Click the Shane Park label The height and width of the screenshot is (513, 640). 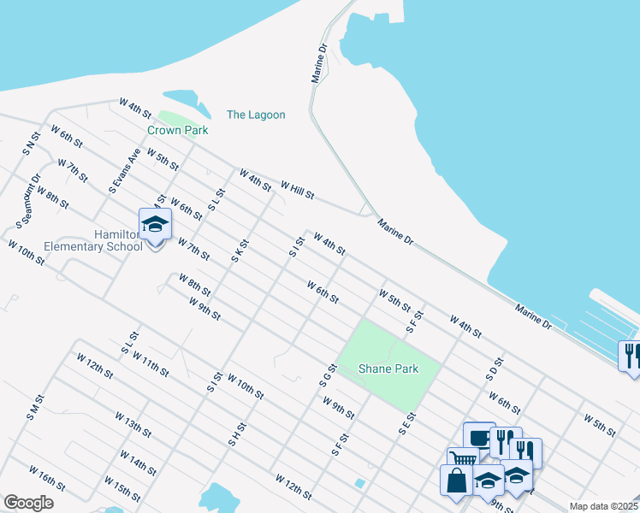388,369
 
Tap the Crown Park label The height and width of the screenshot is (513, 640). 178,130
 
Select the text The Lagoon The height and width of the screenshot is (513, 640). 256,115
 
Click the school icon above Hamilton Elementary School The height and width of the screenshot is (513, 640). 155,226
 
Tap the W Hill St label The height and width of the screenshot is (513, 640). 298,187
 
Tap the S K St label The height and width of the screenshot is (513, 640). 239,250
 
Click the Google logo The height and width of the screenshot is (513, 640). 28,502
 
